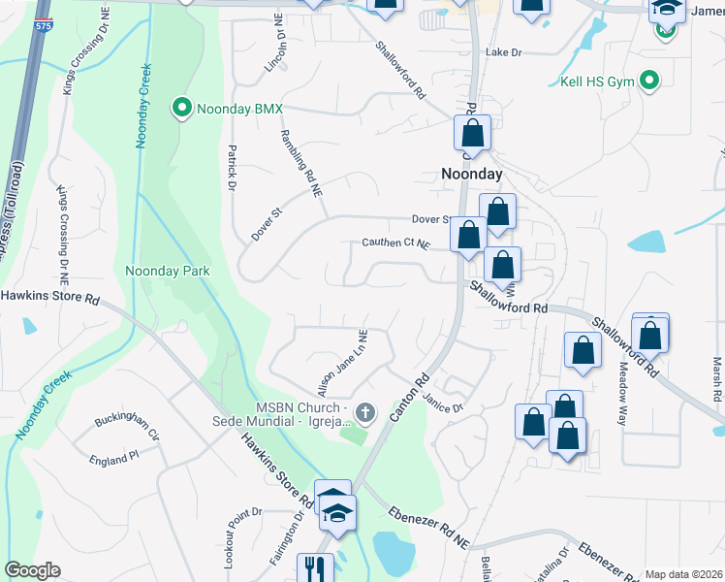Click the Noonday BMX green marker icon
(181, 108)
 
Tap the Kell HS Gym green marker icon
(650, 81)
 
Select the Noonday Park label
(168, 271)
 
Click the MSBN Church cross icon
(365, 414)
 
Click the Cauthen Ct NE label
(394, 243)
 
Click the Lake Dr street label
(505, 52)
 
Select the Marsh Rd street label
(717, 378)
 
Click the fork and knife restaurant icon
(316, 566)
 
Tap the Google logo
(32, 570)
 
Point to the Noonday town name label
(472, 174)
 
